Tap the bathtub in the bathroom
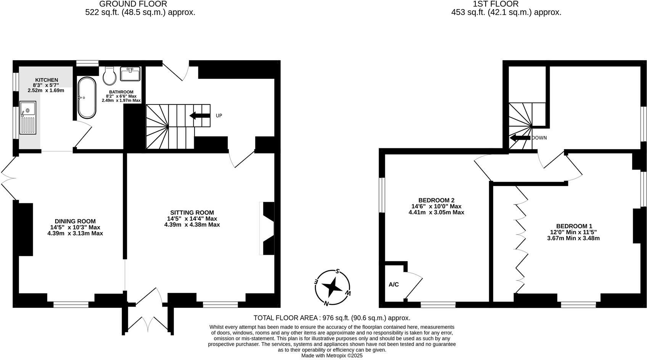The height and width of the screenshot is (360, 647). pyautogui.click(x=87, y=98)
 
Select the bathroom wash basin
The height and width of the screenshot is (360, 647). pyautogui.click(x=130, y=74)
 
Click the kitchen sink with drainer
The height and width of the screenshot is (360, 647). pyautogui.click(x=27, y=117)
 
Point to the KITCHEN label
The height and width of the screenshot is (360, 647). pyautogui.click(x=47, y=80)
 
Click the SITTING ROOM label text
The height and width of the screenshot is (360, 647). pyautogui.click(x=192, y=212)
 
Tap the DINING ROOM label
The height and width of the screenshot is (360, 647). pyautogui.click(x=75, y=221)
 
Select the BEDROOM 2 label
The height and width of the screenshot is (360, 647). pyautogui.click(x=436, y=200)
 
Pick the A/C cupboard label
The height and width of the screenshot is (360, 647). pyautogui.click(x=393, y=284)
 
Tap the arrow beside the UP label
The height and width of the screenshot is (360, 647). pyautogui.click(x=199, y=116)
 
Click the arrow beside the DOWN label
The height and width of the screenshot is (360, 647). pyautogui.click(x=520, y=138)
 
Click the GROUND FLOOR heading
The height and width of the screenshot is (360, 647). pyautogui.click(x=133, y=4)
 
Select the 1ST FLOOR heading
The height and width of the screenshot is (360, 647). pyautogui.click(x=496, y=4)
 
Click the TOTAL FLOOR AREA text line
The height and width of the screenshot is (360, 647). pyautogui.click(x=332, y=318)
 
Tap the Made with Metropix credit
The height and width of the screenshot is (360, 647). pyautogui.click(x=332, y=355)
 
